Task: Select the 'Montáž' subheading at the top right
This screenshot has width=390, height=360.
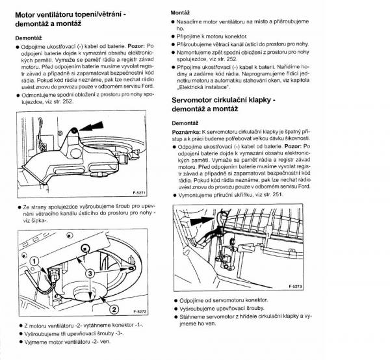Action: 180,12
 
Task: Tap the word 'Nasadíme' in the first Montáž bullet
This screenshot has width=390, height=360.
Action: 192,22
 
